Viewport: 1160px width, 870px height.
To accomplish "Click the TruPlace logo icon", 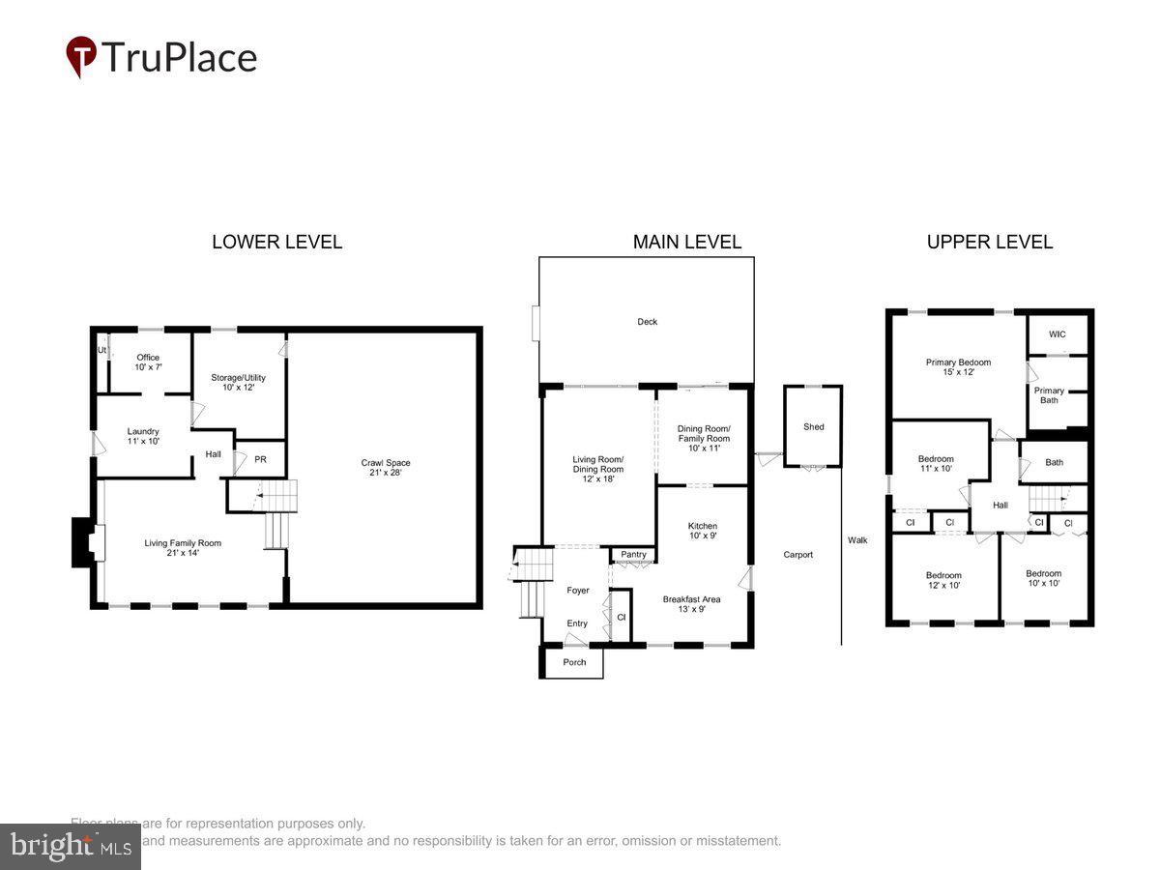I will click(x=81, y=57).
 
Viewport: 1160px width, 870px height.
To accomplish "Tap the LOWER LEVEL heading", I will click(x=276, y=242).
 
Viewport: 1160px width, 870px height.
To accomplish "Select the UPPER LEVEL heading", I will click(x=989, y=242).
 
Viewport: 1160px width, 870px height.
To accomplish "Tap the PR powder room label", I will click(x=260, y=459).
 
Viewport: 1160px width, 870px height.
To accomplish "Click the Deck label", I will click(x=647, y=322).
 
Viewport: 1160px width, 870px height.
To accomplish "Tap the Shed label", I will click(x=814, y=426).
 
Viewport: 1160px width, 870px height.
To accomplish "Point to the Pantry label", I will click(x=633, y=554).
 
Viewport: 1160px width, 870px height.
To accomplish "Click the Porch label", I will click(x=574, y=662).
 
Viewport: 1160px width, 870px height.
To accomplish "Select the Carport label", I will click(x=798, y=554).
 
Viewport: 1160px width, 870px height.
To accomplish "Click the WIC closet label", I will click(x=1058, y=334).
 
